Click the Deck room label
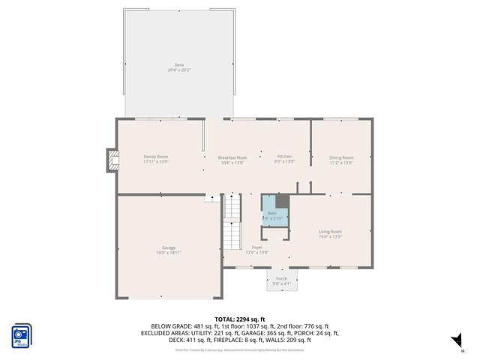pyautogui.click(x=179, y=65)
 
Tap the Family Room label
pyautogui.click(x=156, y=157)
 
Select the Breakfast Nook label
pyautogui.click(x=232, y=157)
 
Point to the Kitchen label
pyautogui.click(x=284, y=157)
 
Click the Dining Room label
pyautogui.click(x=341, y=157)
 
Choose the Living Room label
pyautogui.click(x=330, y=232)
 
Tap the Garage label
pyautogui.click(x=169, y=247)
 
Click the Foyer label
pyautogui.click(x=257, y=247)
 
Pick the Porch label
pyautogui.click(x=281, y=278)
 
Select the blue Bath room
pyautogui.click(x=271, y=212)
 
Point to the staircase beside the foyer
pyautogui.click(x=232, y=223)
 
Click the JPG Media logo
pyautogui.click(x=21, y=336)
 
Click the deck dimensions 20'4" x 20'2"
pyautogui.click(x=179, y=70)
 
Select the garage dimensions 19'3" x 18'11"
pyautogui.click(x=169, y=253)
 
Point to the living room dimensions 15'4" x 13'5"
pyautogui.click(x=330, y=237)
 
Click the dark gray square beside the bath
pyautogui.click(x=282, y=201)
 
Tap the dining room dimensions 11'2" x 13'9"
pyautogui.click(x=341, y=162)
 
